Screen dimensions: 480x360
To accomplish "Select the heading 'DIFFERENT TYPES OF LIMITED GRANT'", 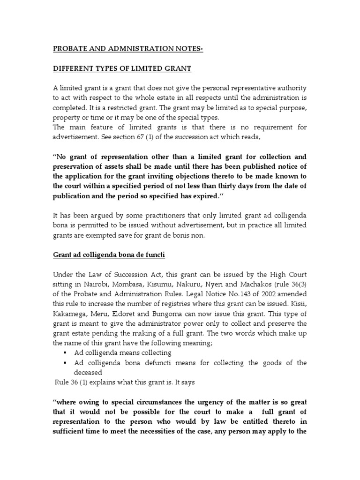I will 122,69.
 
